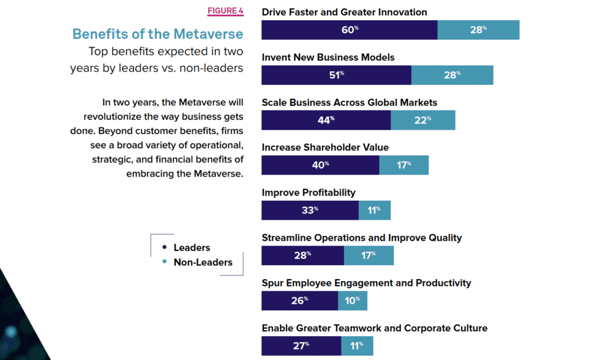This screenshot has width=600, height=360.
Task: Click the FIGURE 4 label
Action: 225,11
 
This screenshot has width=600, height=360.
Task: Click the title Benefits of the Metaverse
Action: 157,34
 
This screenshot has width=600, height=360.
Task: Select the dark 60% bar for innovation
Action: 349,29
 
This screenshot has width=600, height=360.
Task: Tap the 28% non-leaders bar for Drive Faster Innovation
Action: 478,29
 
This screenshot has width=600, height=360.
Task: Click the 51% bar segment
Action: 336,75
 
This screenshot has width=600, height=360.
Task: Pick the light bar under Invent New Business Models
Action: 452,75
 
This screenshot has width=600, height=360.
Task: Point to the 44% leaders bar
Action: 326,120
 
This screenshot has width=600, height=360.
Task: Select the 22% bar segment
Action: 422,120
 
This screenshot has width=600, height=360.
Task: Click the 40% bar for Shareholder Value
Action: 320,165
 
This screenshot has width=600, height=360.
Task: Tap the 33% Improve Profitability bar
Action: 310,210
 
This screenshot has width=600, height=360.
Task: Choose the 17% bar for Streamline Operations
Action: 369,255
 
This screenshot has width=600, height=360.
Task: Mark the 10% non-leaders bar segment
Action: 353,301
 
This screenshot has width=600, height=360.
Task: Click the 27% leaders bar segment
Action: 300,345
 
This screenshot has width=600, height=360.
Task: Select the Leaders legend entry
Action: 191,248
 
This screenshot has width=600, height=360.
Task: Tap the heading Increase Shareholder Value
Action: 325,148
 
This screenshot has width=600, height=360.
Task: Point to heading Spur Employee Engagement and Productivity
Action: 366,283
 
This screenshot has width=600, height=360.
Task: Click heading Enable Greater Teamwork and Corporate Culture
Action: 374,328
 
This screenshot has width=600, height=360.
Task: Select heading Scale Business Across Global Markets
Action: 349,102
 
